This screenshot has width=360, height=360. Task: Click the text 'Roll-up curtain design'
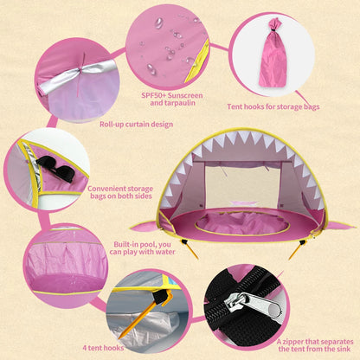tap(136, 125)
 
